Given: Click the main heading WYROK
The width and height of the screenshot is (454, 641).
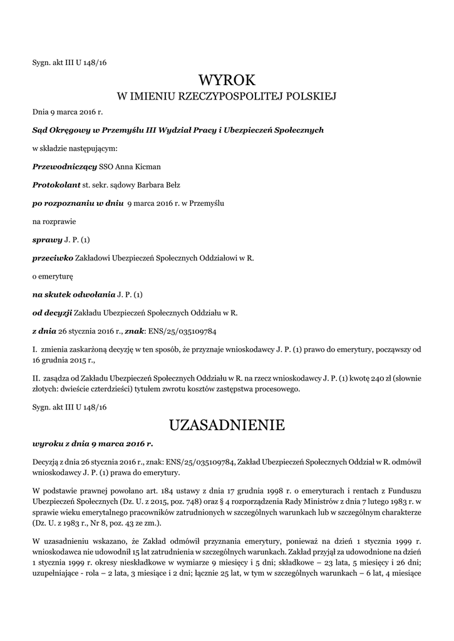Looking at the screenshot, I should click(227, 80).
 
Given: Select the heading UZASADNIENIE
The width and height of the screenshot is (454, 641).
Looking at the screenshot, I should click(227, 426).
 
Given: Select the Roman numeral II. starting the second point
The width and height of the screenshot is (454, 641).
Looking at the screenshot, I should click(36, 379).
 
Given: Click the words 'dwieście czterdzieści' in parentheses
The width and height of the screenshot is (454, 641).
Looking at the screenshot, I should click(96, 389).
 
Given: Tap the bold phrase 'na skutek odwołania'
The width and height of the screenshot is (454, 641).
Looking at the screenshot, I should click(74, 294).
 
